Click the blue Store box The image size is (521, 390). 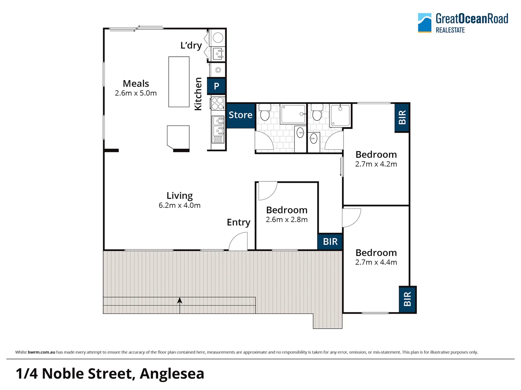240,115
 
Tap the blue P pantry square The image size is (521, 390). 216,86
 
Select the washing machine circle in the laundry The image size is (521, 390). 218,38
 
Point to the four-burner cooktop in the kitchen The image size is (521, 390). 218,103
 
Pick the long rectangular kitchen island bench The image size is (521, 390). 179,82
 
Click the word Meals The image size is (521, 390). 136,83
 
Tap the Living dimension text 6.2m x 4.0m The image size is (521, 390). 179,205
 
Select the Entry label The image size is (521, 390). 238,222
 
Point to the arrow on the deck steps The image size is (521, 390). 180,301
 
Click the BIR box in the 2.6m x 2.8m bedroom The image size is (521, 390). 330,242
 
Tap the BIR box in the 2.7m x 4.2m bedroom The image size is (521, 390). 402,118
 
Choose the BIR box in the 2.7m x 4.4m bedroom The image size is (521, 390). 407,299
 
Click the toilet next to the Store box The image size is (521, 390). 265,112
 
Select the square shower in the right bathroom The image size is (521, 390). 340,115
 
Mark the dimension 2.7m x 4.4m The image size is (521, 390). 376,263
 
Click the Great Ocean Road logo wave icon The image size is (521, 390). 424,23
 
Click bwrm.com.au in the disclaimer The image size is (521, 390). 41,352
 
